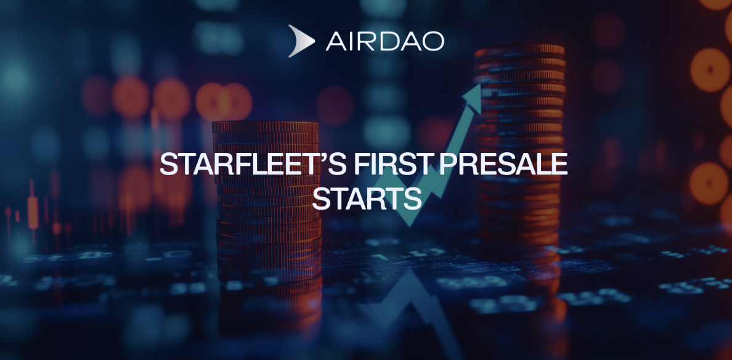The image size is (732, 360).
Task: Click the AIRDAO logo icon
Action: [301, 41]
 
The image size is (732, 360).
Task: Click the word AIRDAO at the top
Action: [384, 41]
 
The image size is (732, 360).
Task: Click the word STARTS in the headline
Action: [367, 200]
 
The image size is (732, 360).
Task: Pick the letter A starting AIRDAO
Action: [337, 41]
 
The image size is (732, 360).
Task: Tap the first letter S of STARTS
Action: [322, 200]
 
